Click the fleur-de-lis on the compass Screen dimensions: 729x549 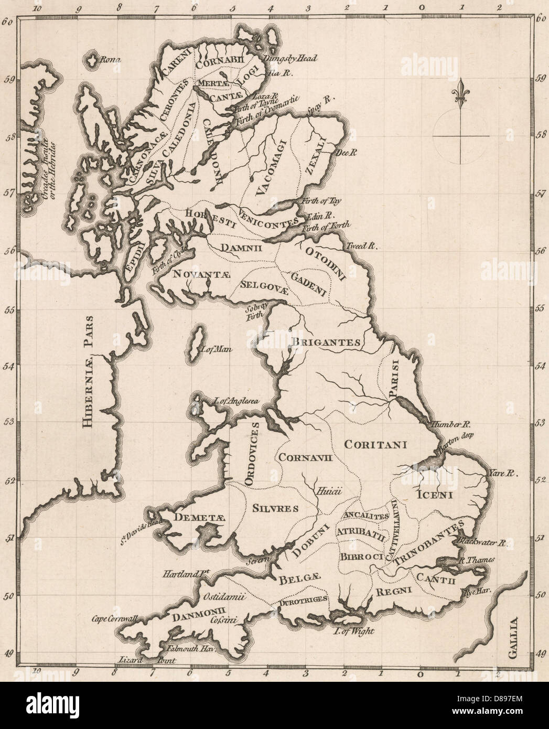click(461, 94)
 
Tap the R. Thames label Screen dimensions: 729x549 click(476, 560)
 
